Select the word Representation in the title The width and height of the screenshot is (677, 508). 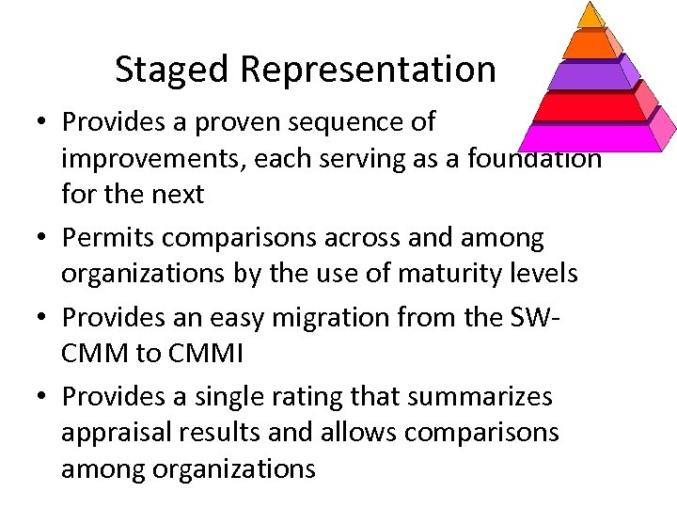click(369, 69)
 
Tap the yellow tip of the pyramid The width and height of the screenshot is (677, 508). click(590, 15)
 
